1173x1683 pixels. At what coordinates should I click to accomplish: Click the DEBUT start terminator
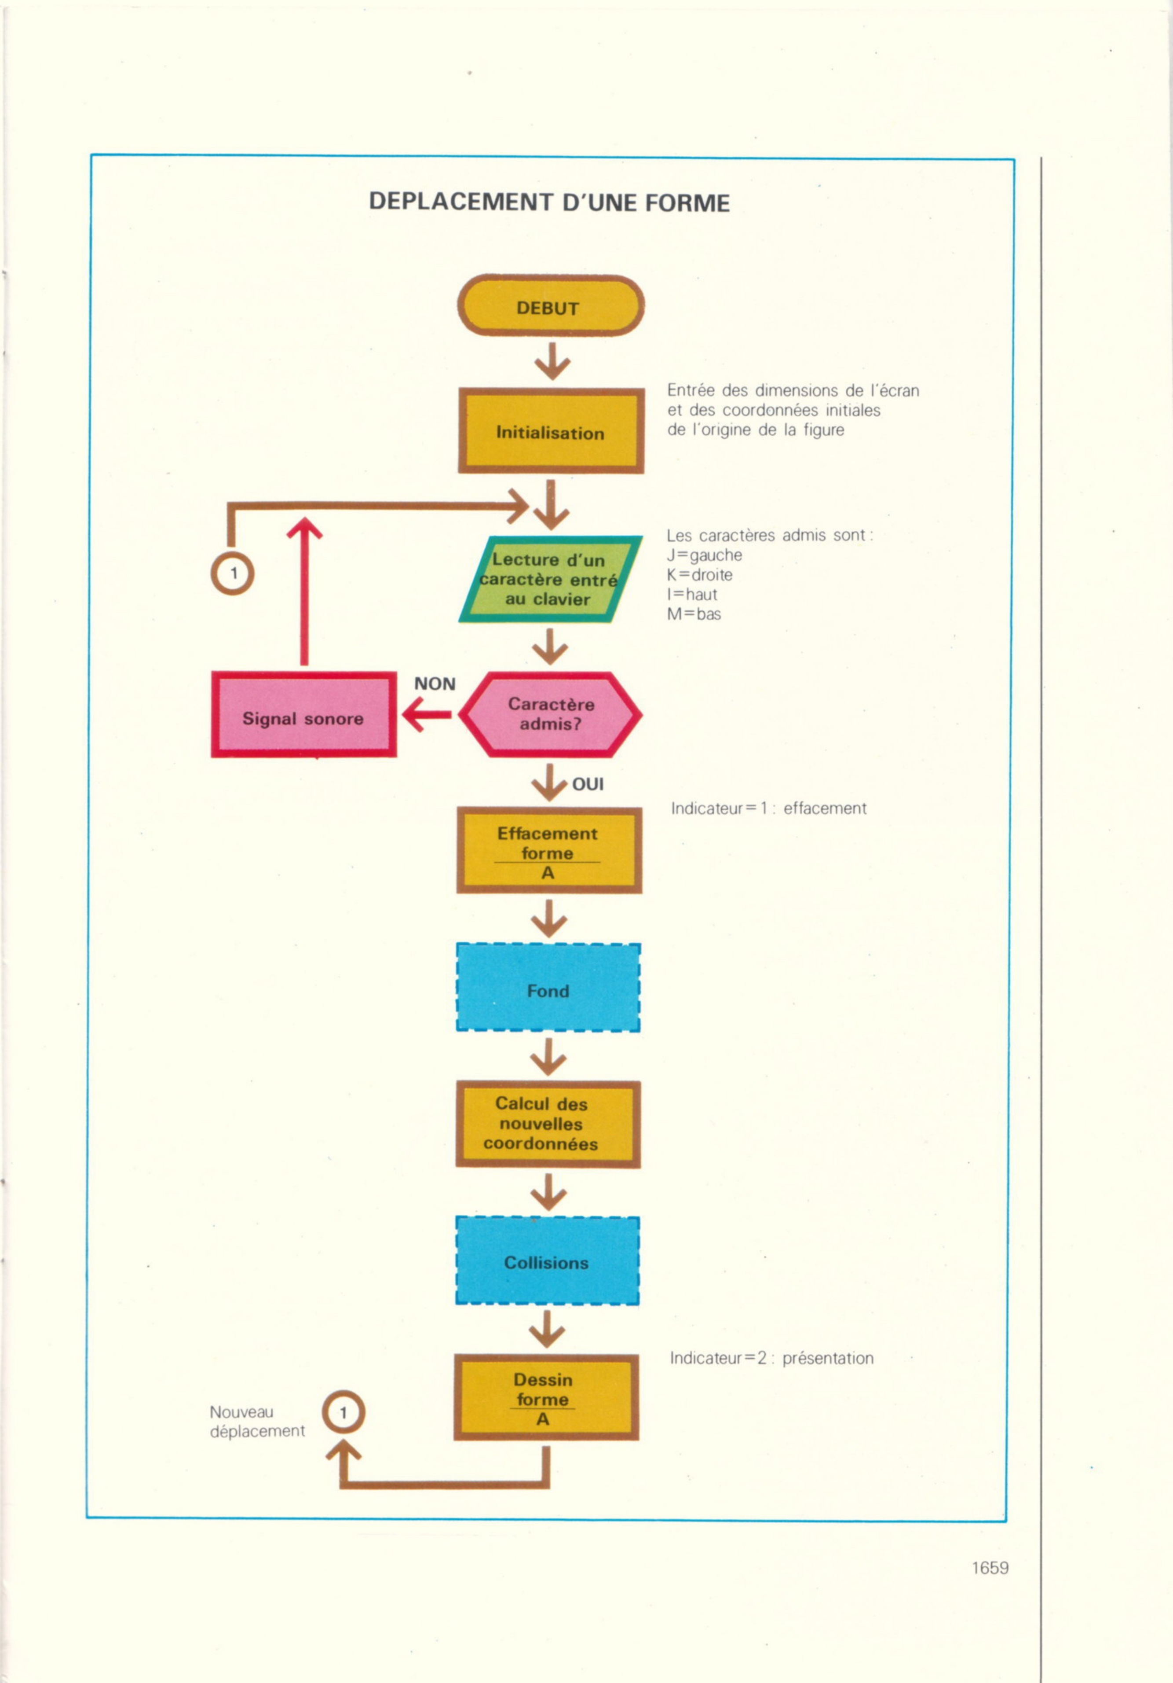(x=551, y=306)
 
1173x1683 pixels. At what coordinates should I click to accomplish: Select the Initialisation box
(x=551, y=431)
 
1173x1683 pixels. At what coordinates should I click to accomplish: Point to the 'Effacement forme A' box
(x=549, y=850)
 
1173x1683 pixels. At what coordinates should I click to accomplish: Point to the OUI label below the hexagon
(x=588, y=784)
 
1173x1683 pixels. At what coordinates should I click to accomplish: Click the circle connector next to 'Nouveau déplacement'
(x=343, y=1412)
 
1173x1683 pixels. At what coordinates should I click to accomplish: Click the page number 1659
(x=990, y=1568)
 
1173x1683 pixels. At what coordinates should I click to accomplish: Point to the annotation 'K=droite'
(x=700, y=575)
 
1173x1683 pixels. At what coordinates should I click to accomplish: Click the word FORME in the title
(x=687, y=203)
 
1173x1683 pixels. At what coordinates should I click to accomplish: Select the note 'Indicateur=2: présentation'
(x=771, y=1358)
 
